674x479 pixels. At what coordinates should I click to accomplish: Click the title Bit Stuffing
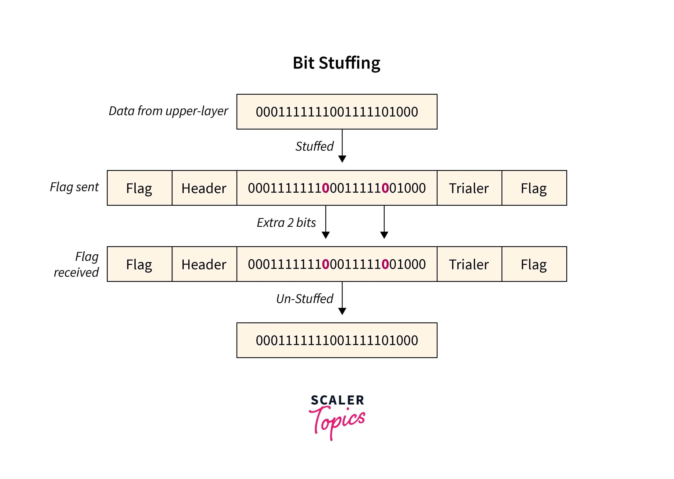point(336,63)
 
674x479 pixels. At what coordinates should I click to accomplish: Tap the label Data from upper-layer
point(168,111)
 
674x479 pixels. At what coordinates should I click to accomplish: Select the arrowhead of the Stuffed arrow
point(342,159)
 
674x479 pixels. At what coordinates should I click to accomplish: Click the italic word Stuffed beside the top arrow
point(314,146)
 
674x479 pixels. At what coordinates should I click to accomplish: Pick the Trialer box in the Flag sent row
point(469,188)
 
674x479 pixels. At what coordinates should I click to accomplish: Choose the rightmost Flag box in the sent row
point(534,188)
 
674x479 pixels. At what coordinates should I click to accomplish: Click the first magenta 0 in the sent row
point(326,188)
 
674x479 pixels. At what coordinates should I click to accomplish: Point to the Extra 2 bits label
point(286,223)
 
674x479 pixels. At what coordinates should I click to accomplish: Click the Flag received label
point(77,264)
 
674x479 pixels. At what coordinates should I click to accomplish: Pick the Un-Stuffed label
point(305,299)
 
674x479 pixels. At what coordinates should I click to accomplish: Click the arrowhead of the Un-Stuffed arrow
point(342,311)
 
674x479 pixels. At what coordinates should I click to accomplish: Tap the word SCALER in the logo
point(337,400)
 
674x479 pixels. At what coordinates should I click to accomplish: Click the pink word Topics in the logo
point(337,420)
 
